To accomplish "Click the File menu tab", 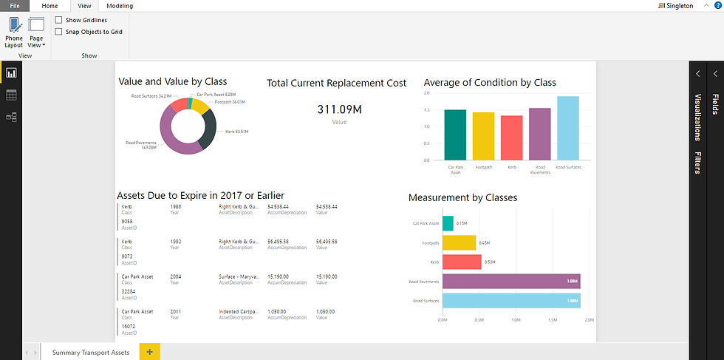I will tap(14, 5).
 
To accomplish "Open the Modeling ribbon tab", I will tap(119, 5).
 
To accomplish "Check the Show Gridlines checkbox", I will tap(59, 20).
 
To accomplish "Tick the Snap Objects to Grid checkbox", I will tap(59, 32).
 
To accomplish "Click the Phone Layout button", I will tap(13, 33).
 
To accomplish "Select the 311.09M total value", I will tap(339, 109).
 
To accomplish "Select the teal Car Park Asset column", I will tap(455, 135).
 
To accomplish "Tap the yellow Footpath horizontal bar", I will tap(459, 242).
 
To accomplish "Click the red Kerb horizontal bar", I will tap(462, 262).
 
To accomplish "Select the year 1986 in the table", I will tap(176, 206).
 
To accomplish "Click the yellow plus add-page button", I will tap(149, 352).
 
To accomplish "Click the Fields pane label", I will tap(714, 104).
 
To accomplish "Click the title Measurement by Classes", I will tap(462, 197).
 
